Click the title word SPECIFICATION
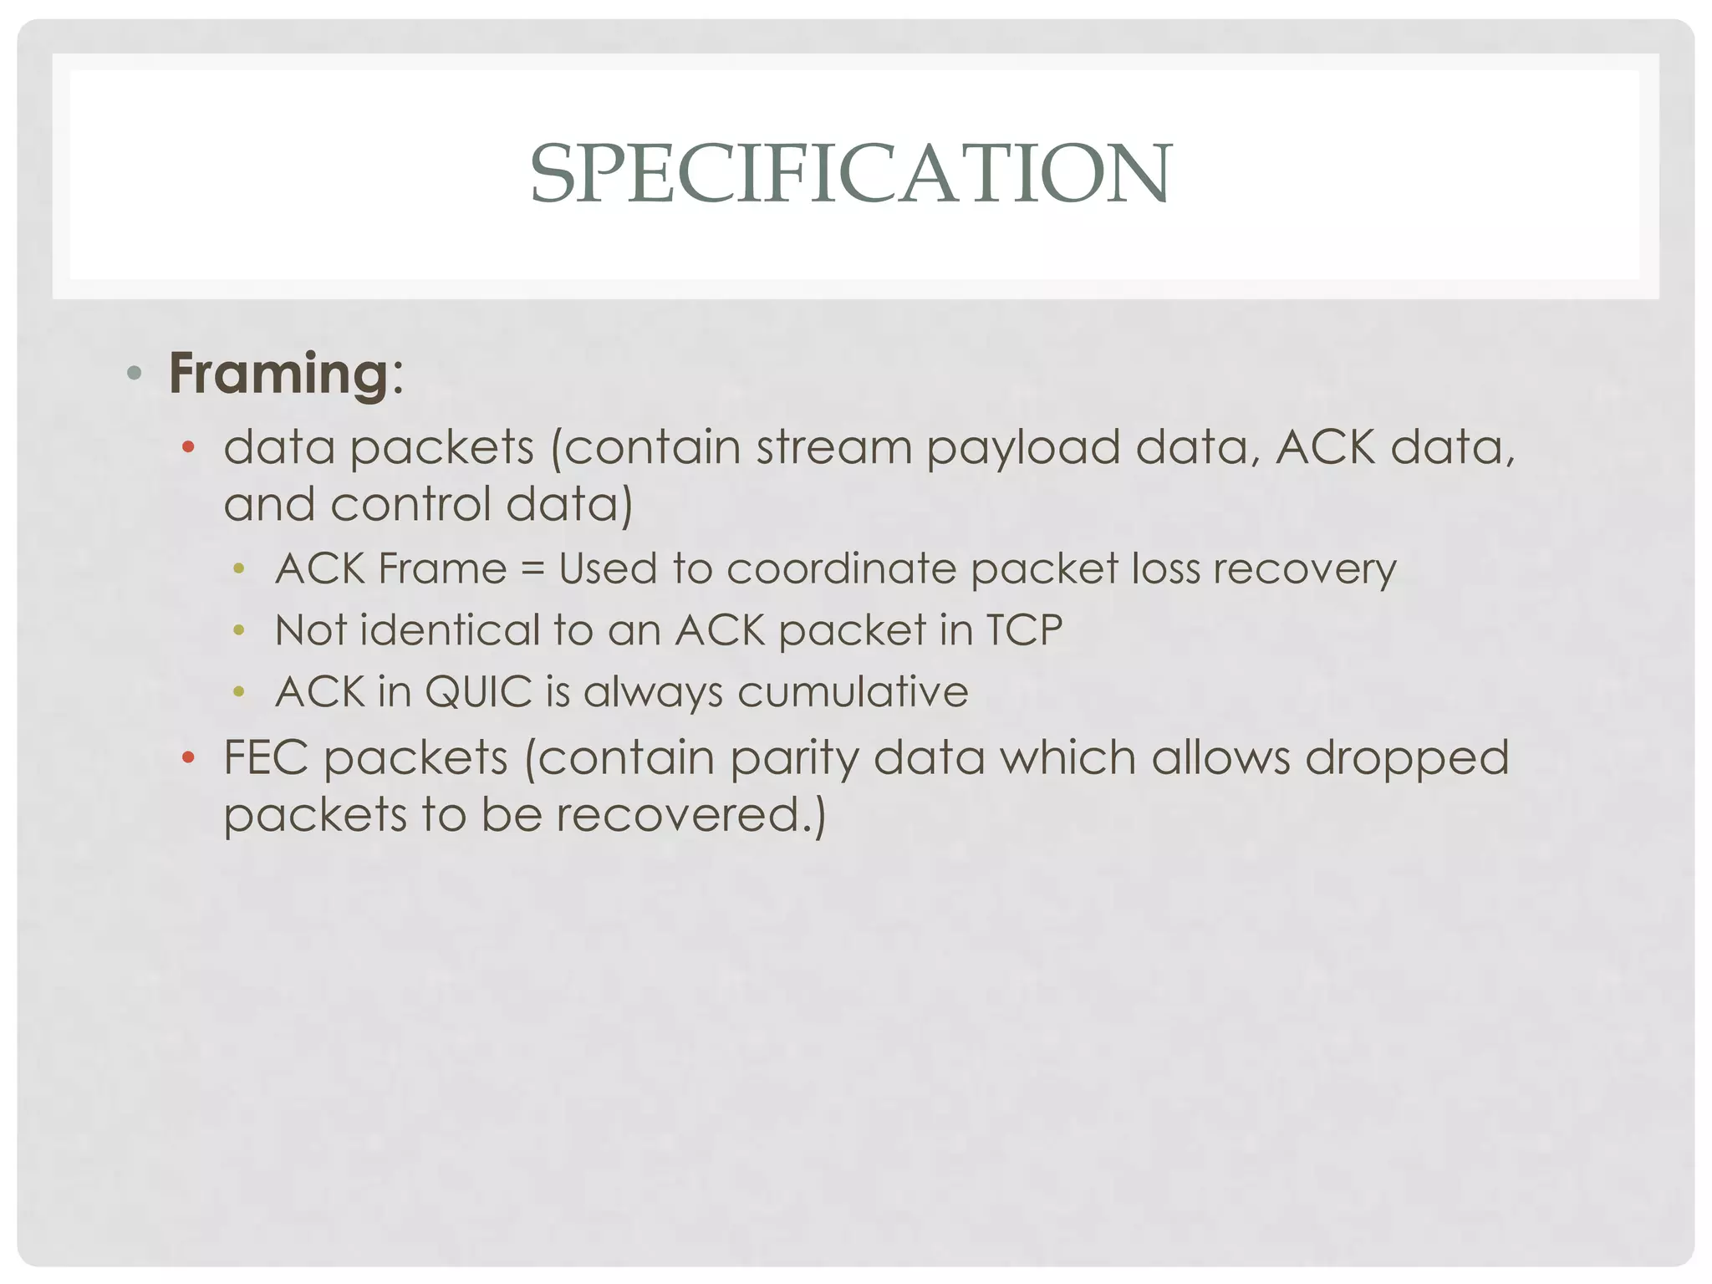tap(851, 173)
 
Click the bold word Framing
tap(278, 374)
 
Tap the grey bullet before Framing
tap(134, 373)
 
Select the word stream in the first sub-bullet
tap(833, 447)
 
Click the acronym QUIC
tap(477, 692)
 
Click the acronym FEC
tap(266, 758)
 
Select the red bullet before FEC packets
tap(188, 758)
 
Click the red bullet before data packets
tap(188, 448)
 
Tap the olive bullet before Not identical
tap(239, 630)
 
